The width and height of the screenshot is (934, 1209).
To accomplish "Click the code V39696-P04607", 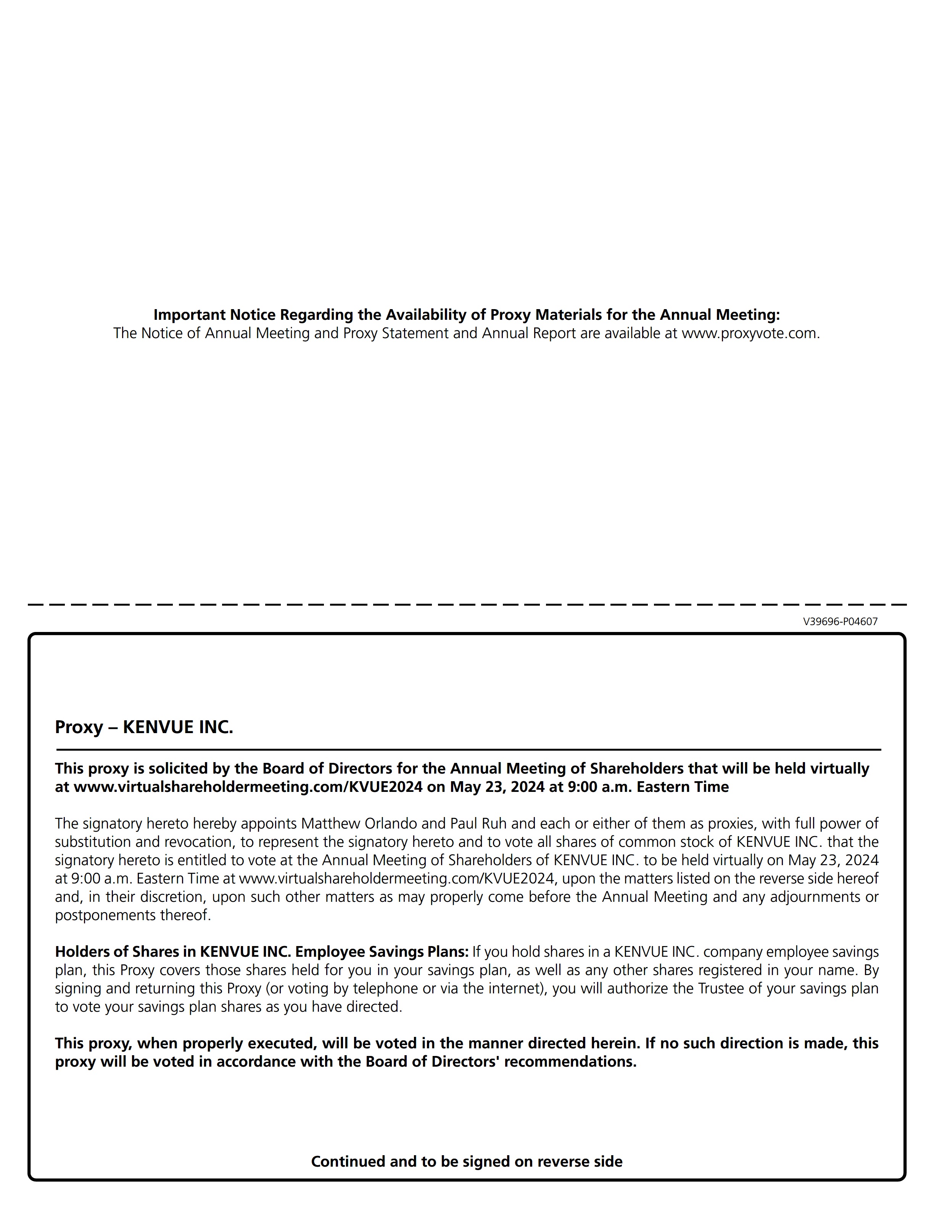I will pyautogui.click(x=840, y=622).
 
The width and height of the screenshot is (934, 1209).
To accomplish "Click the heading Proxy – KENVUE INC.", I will pyautogui.click(x=144, y=727).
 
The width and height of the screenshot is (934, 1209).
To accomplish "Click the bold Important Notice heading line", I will pyautogui.click(x=467, y=314).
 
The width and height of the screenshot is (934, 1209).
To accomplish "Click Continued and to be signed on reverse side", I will pyautogui.click(x=467, y=1161).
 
